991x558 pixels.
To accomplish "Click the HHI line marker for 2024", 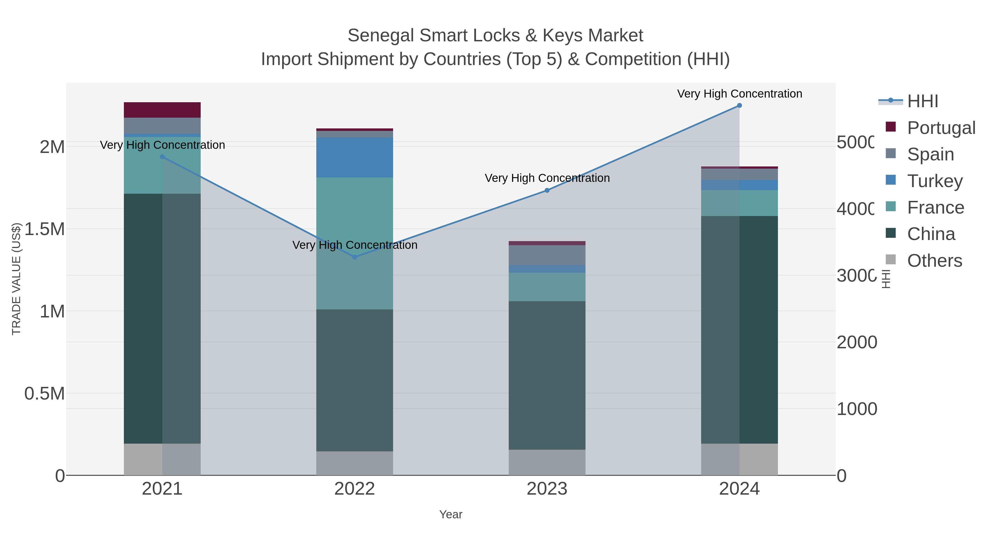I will click(x=739, y=106).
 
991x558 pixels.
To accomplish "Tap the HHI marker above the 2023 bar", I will click(x=547, y=190).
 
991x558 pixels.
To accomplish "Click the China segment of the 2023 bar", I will click(x=547, y=376).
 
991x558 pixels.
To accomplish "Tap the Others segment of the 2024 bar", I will click(x=739, y=459).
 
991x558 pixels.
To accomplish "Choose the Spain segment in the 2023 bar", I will click(x=547, y=255).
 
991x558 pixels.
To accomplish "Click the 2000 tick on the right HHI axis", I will click(x=856, y=342).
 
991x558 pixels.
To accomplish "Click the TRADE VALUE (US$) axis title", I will click(x=16, y=279).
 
